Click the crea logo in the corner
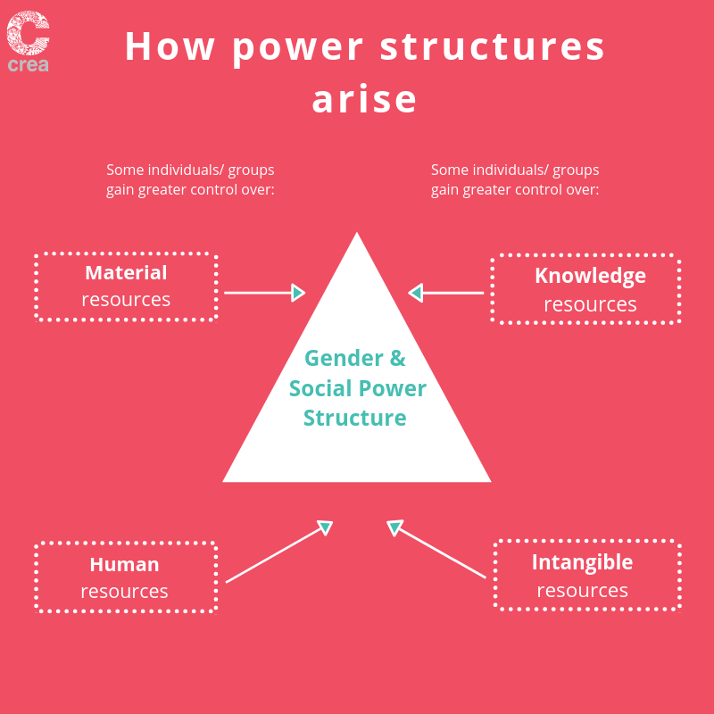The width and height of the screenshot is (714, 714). pyautogui.click(x=28, y=41)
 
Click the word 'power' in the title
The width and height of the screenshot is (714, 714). pyautogui.click(x=298, y=49)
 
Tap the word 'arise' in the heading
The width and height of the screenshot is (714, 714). pyautogui.click(x=364, y=99)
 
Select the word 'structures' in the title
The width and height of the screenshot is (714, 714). pyautogui.click(x=493, y=46)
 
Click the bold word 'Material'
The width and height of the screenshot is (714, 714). pyautogui.click(x=126, y=272)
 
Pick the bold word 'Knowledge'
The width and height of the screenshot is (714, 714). pyautogui.click(x=590, y=276)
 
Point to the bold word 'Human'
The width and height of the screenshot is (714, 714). pyautogui.click(x=124, y=564)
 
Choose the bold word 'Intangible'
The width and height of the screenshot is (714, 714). pyautogui.click(x=583, y=562)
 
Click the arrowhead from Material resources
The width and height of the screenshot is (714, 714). pyautogui.click(x=298, y=293)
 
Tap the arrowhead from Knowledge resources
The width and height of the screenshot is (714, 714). pyautogui.click(x=415, y=293)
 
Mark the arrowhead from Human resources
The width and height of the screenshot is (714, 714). pyautogui.click(x=326, y=527)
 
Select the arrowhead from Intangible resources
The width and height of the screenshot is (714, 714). pyautogui.click(x=394, y=527)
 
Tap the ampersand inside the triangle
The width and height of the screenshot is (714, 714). pyautogui.click(x=397, y=358)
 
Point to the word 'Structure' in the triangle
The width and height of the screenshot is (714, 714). pyautogui.click(x=354, y=418)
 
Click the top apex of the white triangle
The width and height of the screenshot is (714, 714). pyautogui.click(x=357, y=233)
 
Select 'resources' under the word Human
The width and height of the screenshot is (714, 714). pyautogui.click(x=124, y=592)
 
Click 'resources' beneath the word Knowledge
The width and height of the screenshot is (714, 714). pyautogui.click(x=590, y=304)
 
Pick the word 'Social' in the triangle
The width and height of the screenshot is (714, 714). pyautogui.click(x=320, y=388)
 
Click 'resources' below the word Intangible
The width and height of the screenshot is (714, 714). pyautogui.click(x=583, y=591)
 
